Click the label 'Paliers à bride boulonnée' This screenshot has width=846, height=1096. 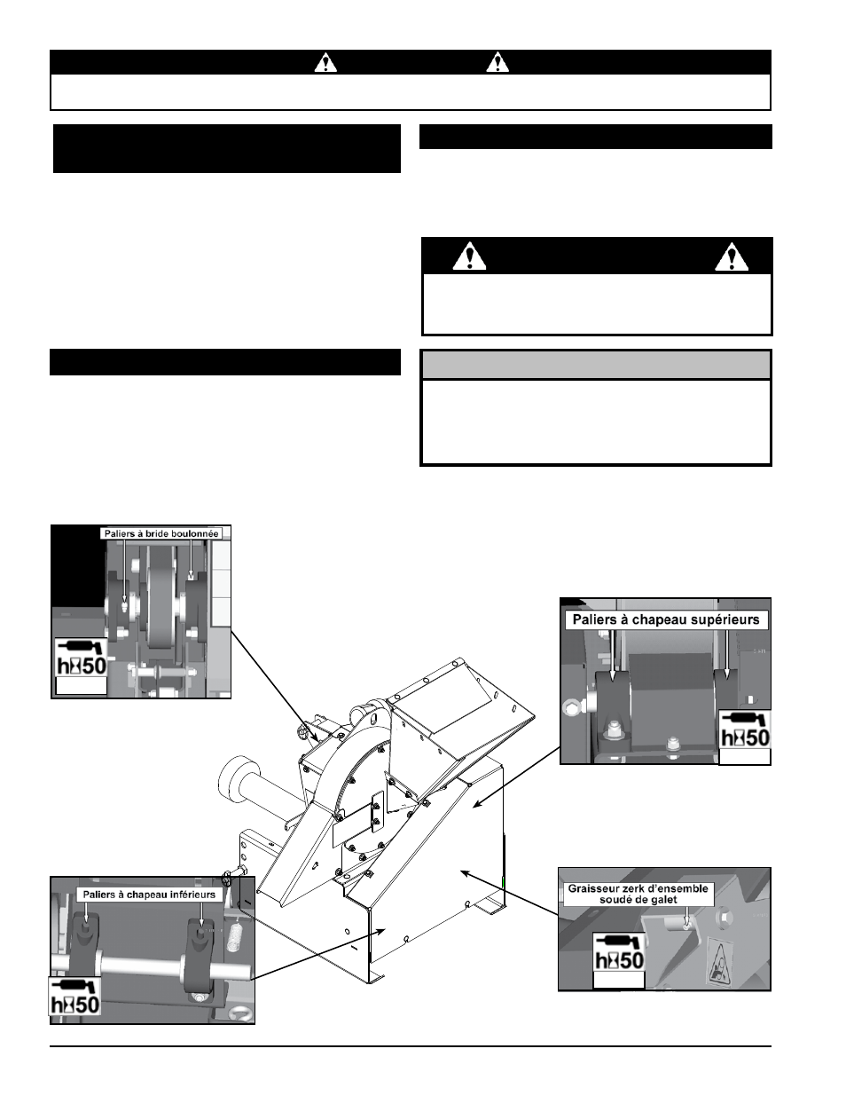tap(161, 533)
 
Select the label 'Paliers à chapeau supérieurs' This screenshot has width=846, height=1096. tap(666, 619)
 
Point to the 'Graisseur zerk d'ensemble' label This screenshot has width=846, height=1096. tap(638, 888)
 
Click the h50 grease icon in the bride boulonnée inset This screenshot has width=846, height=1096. tap(81, 658)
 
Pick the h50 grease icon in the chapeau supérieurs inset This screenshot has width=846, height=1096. tap(745, 729)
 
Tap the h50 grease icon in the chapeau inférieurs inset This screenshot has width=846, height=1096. tap(75, 996)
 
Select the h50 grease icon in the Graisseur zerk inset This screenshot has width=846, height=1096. tap(619, 953)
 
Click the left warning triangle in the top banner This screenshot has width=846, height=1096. tap(326, 62)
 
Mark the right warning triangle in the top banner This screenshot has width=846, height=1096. tap(497, 62)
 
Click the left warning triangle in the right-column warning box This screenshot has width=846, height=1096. tap(469, 256)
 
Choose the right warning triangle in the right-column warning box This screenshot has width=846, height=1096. tap(732, 256)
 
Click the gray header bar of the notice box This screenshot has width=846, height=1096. tap(596, 365)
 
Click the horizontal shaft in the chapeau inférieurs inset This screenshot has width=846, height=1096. tap(151, 969)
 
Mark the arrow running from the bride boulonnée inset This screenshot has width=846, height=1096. tap(274, 686)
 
